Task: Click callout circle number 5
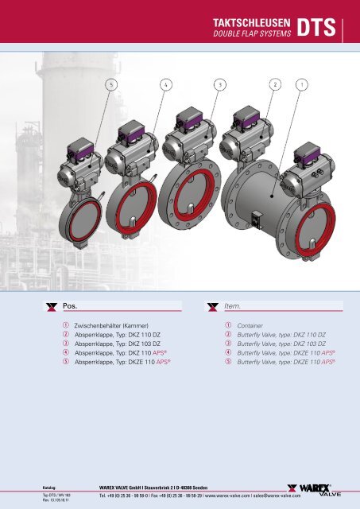point(112,83)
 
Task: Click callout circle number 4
point(165,83)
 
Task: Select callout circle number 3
point(219,83)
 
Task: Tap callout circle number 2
point(275,83)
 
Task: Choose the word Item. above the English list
point(236,305)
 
